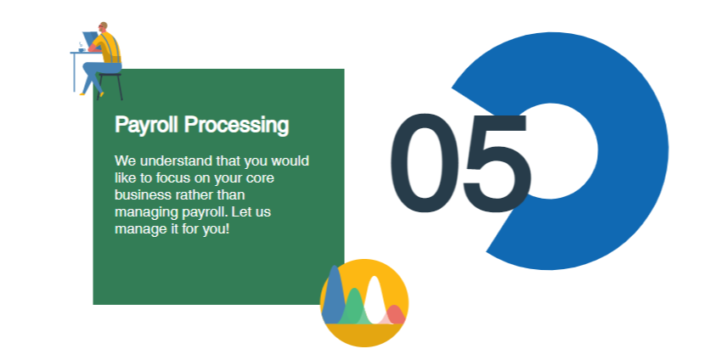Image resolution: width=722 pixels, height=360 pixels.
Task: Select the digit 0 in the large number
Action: pos(424,163)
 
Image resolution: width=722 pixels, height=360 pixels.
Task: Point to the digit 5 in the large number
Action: pos(497,164)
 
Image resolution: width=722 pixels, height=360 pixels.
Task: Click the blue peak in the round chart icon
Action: pos(333,297)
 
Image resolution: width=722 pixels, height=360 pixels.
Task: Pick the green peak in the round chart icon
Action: pos(354,307)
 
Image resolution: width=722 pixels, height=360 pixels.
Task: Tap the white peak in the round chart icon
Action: pos(375,301)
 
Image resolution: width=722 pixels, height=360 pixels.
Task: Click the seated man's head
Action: pos(103,26)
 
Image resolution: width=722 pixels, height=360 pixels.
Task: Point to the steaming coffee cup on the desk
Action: pos(82,48)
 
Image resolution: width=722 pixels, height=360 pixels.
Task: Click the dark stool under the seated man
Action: pos(110,86)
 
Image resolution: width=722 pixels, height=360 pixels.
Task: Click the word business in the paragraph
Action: pos(143,194)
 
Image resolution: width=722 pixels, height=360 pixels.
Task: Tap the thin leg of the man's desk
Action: pos(74,72)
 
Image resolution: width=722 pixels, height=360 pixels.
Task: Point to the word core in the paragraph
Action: pos(261,178)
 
